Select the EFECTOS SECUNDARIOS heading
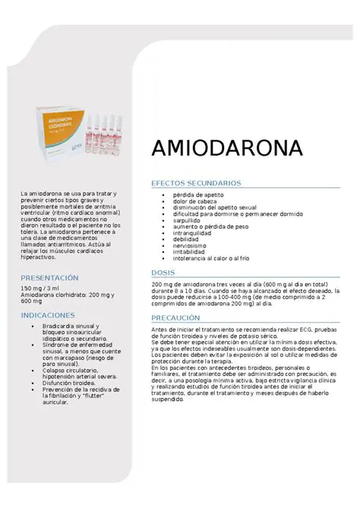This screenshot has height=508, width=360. [196, 183]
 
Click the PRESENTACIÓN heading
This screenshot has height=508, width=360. [49, 278]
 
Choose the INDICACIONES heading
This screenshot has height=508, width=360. [47, 314]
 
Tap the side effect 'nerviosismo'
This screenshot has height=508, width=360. [191, 246]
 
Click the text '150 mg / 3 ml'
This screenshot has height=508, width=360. [40, 289]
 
